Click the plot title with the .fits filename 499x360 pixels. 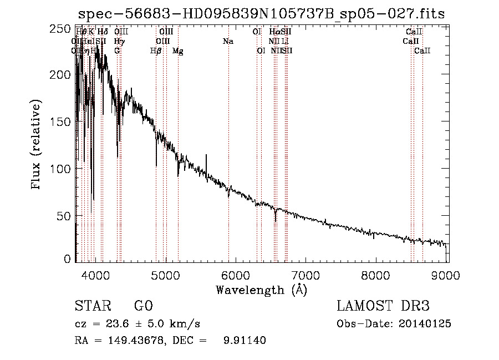261,13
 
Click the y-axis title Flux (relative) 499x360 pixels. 37,145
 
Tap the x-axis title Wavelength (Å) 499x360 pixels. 261,289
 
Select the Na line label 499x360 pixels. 228,42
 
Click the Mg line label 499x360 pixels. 178,51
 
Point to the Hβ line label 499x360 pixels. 156,51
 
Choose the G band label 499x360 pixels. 118,51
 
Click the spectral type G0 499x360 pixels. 143,306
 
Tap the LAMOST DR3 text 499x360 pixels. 383,306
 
